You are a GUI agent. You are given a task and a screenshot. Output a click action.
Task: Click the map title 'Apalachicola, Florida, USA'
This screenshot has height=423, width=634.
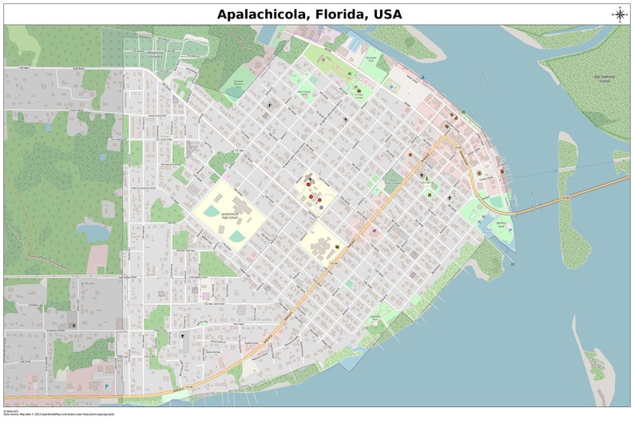pos(310,14)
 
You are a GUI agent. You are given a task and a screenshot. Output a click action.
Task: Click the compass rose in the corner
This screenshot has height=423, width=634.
pos(620,13)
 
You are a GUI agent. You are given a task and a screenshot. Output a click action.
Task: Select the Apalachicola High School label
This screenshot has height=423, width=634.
pos(230,216)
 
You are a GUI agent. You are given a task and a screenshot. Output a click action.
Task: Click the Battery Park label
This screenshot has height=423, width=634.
pos(501,226)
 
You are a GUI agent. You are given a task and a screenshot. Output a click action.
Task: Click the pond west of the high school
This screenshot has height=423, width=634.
pos(94,232)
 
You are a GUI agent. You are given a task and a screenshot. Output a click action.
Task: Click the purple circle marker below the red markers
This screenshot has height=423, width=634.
pos(321,207)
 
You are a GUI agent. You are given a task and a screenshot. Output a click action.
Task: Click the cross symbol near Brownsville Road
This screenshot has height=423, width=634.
pos(73,325)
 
